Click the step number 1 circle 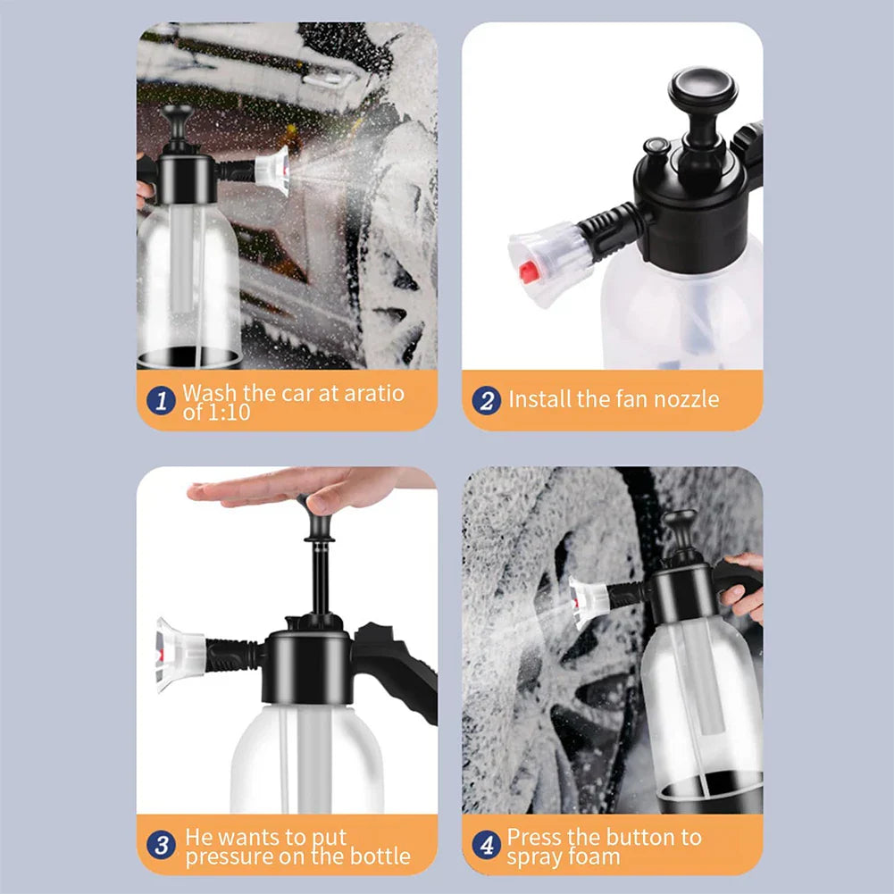pos(162,400)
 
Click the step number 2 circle pos(487,400)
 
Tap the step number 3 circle pos(162,845)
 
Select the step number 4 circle pos(487,845)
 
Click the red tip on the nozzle pos(529,272)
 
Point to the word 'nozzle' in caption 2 pos(686,399)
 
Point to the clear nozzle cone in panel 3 pos(180,656)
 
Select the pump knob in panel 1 pos(177,115)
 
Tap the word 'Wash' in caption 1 pos(209,392)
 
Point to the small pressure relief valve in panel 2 pos(656,148)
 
